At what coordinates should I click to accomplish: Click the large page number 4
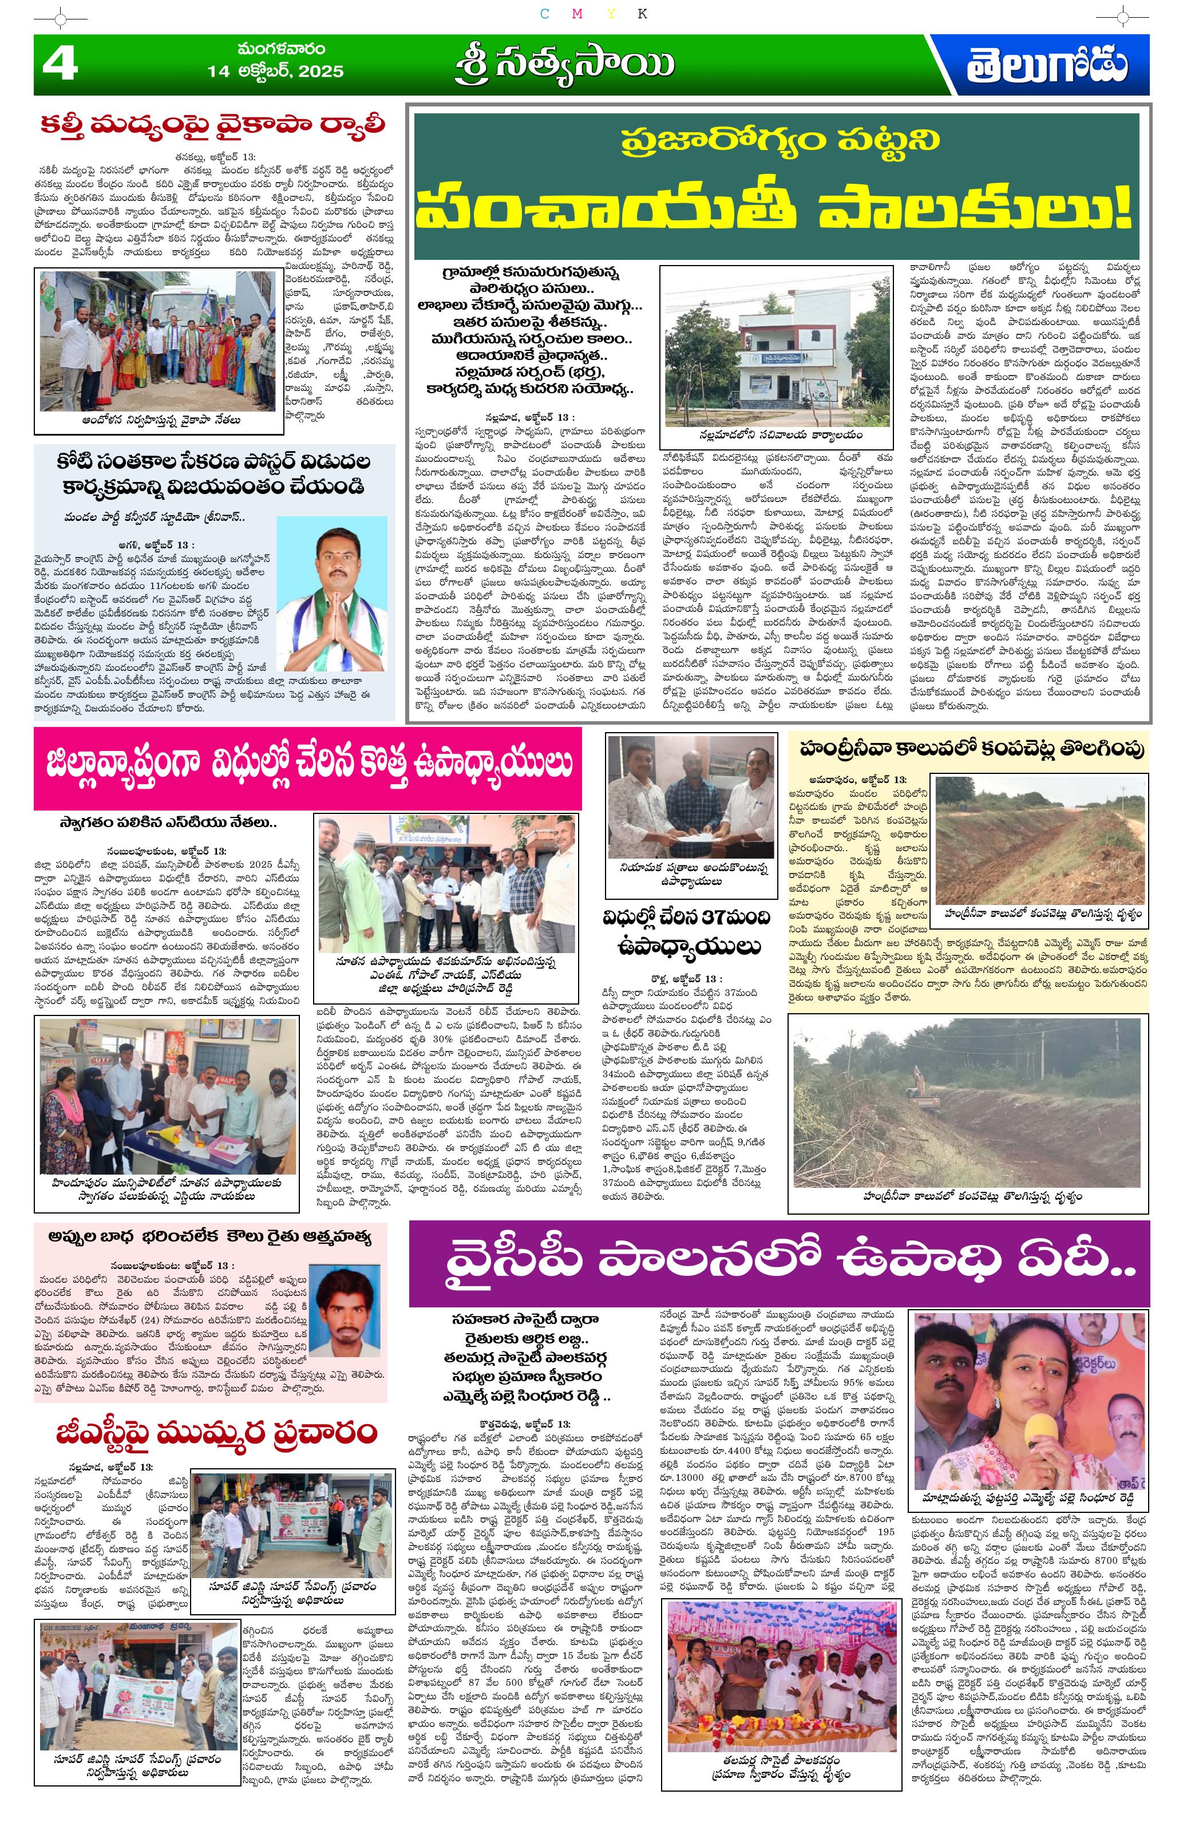(x=60, y=65)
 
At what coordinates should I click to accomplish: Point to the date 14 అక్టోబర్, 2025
(x=275, y=72)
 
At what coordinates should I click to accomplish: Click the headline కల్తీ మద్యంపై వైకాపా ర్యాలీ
(x=213, y=124)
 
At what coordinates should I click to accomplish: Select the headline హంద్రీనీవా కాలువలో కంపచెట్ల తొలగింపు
(x=968, y=749)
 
